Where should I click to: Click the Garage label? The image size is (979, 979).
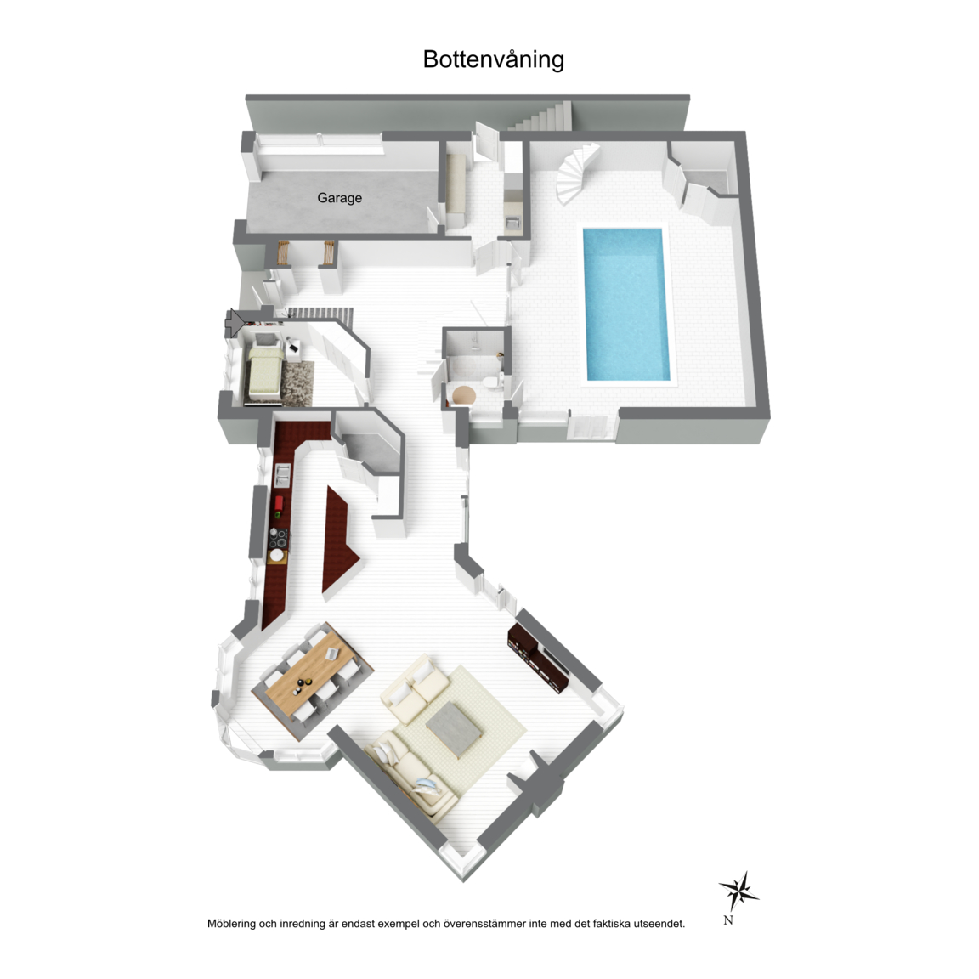[x=339, y=198]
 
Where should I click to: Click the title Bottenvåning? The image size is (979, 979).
[x=493, y=59]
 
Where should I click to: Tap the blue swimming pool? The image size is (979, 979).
[x=626, y=304]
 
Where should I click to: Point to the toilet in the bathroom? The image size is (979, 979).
[x=493, y=382]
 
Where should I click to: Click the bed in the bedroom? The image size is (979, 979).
[x=265, y=371]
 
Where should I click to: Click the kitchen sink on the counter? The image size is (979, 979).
[x=283, y=475]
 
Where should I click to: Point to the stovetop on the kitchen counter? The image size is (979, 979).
[x=279, y=538]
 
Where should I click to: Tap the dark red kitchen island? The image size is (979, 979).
[x=339, y=542]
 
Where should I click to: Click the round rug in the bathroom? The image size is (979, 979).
[x=464, y=395]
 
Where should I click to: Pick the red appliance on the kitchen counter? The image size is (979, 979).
[x=279, y=502]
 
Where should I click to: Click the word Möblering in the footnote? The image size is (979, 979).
[x=231, y=924]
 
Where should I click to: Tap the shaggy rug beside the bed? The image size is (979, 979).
[x=297, y=382]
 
